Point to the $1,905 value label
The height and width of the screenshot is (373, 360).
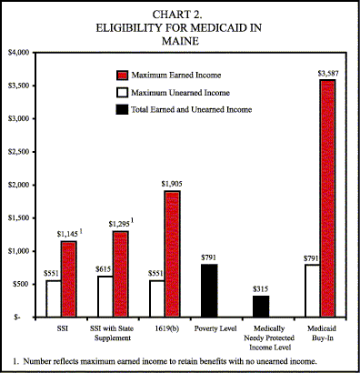coord(172,184)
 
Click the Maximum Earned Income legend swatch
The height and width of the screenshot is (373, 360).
coord(123,75)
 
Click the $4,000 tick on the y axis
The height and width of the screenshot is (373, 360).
coord(20,53)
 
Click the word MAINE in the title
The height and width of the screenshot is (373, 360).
coord(179,40)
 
